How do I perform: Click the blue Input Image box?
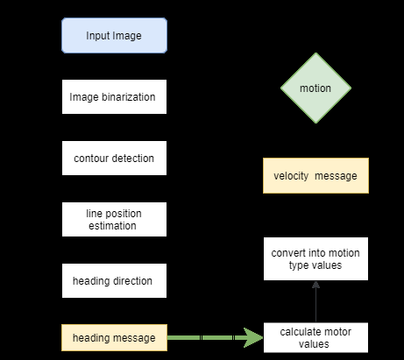pyautogui.click(x=114, y=36)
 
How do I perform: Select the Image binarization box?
pyautogui.click(x=114, y=97)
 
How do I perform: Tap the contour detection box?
pyautogui.click(x=114, y=159)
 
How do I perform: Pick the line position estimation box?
pyautogui.click(x=114, y=219)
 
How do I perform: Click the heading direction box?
pyautogui.click(x=114, y=280)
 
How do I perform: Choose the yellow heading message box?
pyautogui.click(x=114, y=337)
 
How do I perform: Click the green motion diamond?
pyautogui.click(x=315, y=88)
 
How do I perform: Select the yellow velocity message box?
pyautogui.click(x=315, y=176)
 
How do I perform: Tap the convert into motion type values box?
pyautogui.click(x=315, y=259)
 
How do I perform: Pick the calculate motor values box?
pyautogui.click(x=315, y=337)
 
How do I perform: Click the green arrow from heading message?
pyautogui.click(x=210, y=337)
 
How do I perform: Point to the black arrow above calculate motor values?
pyautogui.click(x=315, y=302)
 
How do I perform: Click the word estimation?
pyautogui.click(x=113, y=225)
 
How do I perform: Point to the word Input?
pyautogui.click(x=99, y=36)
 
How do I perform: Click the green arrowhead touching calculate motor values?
pyautogui.click(x=256, y=337)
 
